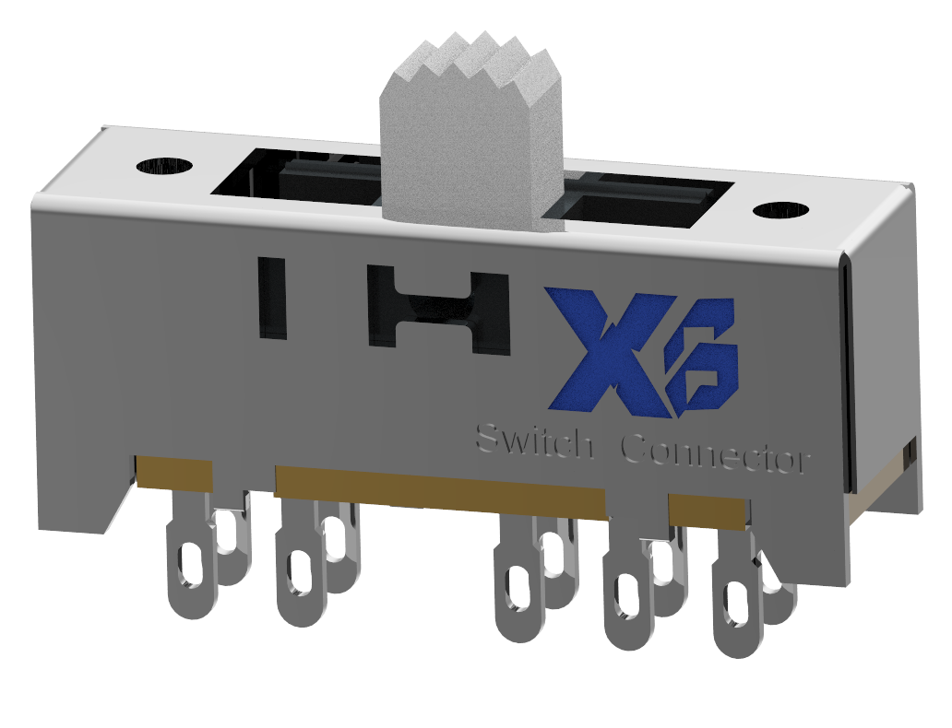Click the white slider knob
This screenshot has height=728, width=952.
(470, 147)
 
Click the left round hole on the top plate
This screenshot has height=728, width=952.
(164, 166)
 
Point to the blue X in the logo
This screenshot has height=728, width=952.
(609, 350)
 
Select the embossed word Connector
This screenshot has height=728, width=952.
(715, 453)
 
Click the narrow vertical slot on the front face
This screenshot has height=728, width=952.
(271, 297)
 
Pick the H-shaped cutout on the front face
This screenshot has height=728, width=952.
(438, 310)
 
